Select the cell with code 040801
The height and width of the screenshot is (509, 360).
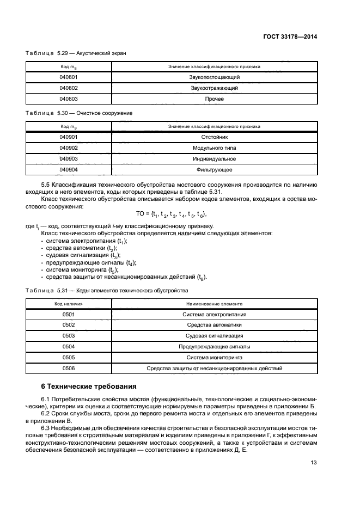pos(69,77)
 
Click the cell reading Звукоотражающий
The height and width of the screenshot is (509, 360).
pos(214,88)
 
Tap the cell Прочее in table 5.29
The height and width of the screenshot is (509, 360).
pos(214,99)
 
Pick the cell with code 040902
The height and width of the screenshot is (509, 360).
pos(69,148)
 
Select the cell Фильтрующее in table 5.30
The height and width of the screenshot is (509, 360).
pos(214,169)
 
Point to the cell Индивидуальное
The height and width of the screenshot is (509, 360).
pos(214,158)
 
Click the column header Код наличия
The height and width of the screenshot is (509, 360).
pos(69,304)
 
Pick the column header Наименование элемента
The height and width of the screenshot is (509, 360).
pos(214,304)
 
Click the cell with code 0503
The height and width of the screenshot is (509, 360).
pos(69,335)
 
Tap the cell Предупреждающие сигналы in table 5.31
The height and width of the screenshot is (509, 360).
pos(214,346)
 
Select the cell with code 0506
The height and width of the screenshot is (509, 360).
pos(69,368)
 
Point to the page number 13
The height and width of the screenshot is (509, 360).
pos(313,463)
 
